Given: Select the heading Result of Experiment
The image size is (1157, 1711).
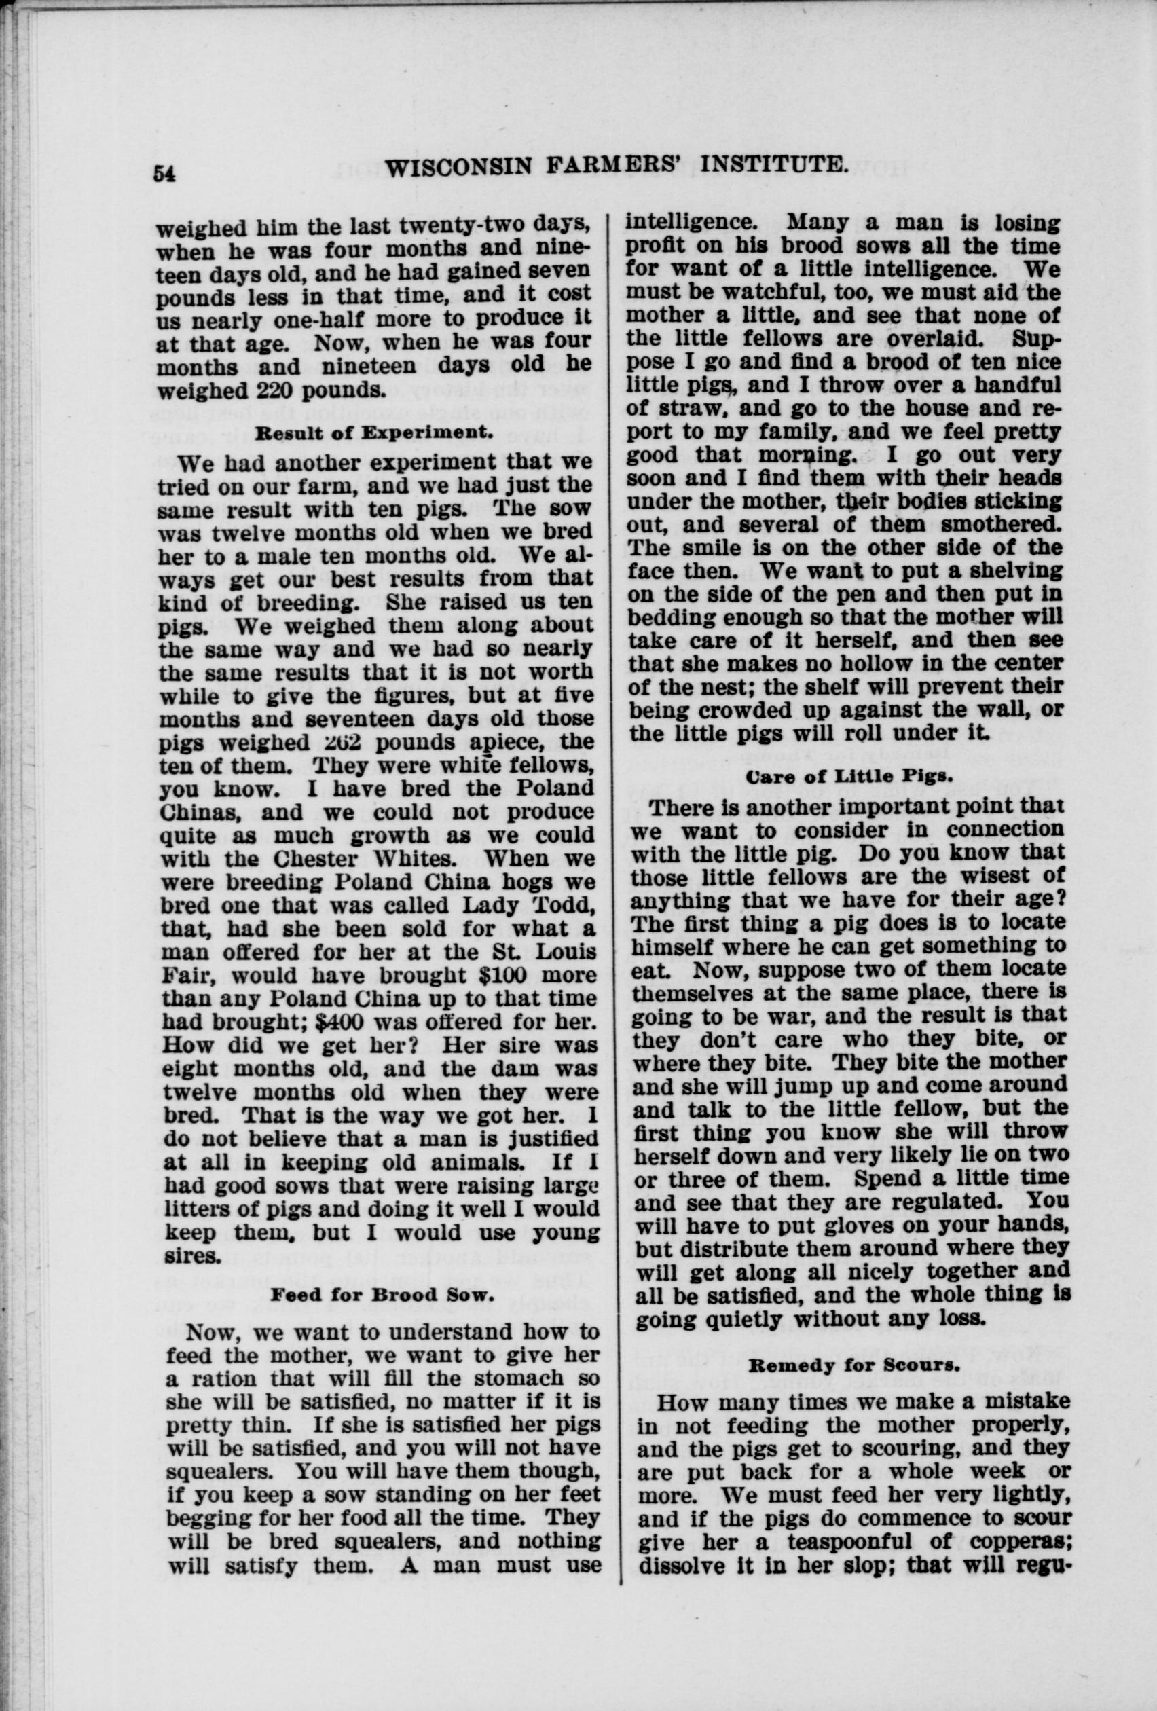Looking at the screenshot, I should click(373, 433).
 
